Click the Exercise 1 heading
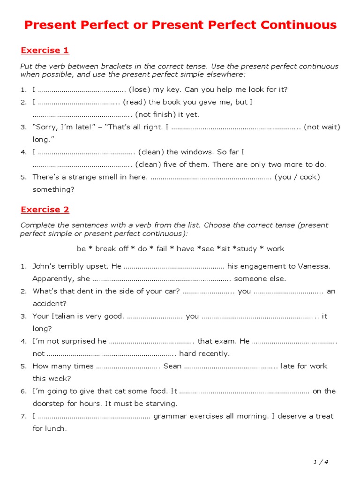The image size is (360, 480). tap(45, 51)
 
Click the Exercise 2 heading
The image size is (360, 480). tap(45, 210)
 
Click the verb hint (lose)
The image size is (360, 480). tap(140, 90)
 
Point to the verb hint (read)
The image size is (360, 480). tap(135, 102)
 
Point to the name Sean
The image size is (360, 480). tap(172, 366)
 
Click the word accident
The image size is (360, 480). tap(49, 304)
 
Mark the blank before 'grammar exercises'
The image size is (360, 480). tap(94, 416)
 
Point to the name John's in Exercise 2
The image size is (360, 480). tap(44, 266)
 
